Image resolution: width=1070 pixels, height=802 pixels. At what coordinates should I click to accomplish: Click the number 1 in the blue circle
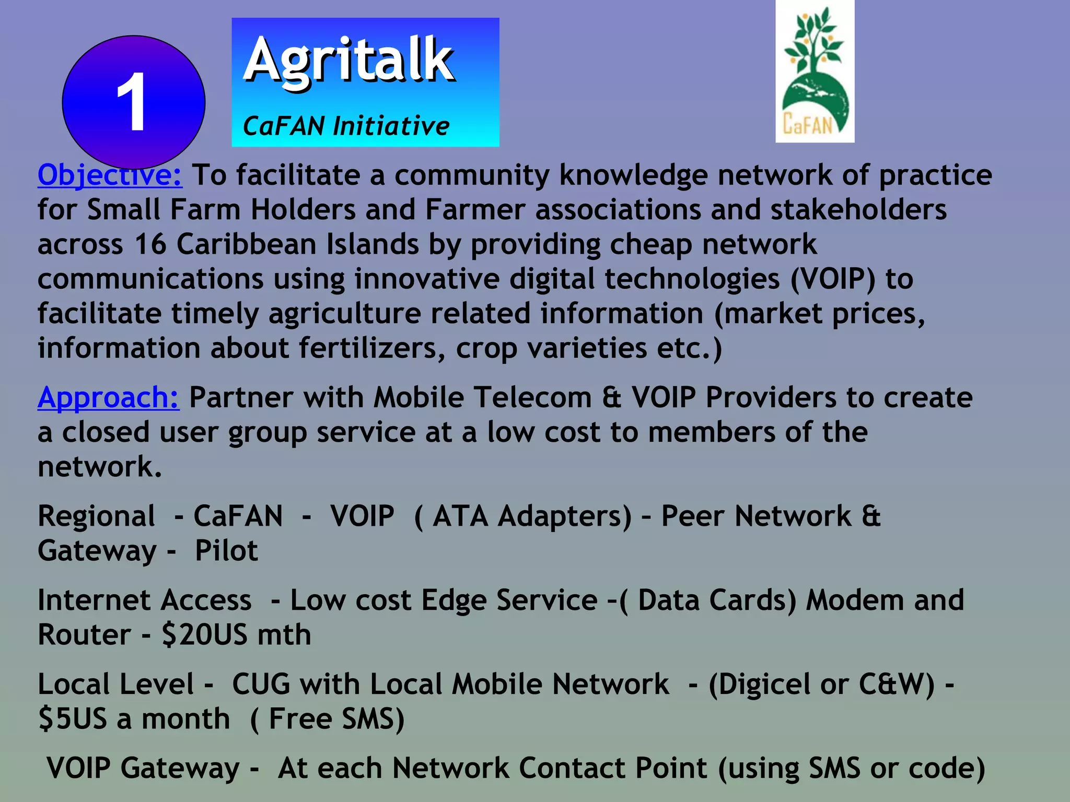click(x=131, y=102)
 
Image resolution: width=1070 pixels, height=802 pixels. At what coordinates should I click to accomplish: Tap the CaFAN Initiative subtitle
click(x=346, y=126)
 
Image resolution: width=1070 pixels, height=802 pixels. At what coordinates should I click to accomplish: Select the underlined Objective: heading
click(x=110, y=174)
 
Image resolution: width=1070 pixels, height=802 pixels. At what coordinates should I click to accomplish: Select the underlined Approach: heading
click(x=108, y=397)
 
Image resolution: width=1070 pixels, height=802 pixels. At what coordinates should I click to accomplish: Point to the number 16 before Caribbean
click(x=150, y=244)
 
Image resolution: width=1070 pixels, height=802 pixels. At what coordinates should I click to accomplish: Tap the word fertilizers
click(x=372, y=348)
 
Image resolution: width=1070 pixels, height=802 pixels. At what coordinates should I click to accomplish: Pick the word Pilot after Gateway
click(x=226, y=551)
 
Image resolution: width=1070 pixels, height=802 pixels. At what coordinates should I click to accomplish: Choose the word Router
click(x=84, y=635)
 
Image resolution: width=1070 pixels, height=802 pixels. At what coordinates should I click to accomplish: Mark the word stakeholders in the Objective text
click(x=858, y=209)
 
